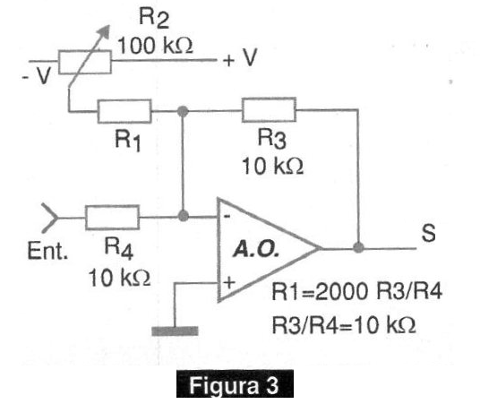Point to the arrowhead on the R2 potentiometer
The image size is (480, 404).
pyautogui.click(x=105, y=31)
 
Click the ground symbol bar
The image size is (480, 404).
pyautogui.click(x=175, y=331)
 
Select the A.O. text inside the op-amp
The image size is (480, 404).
pyautogui.click(x=256, y=250)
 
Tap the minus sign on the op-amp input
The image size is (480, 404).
pyautogui.click(x=227, y=216)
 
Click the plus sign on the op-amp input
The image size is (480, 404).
pyautogui.click(x=229, y=282)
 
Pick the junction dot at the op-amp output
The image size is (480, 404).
pyautogui.click(x=358, y=247)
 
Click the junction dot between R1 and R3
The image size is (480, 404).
pyautogui.click(x=183, y=111)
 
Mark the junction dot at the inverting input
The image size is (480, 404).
pyautogui.click(x=183, y=216)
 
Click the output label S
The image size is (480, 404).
pyautogui.click(x=428, y=233)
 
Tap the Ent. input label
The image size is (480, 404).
pyautogui.click(x=47, y=251)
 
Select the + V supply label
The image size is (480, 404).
pyautogui.click(x=240, y=57)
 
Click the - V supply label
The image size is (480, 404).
pyautogui.click(x=36, y=75)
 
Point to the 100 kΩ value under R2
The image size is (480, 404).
pyautogui.click(x=155, y=46)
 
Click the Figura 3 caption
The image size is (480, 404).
pyautogui.click(x=235, y=384)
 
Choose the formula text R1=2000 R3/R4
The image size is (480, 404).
pyautogui.click(x=356, y=291)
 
